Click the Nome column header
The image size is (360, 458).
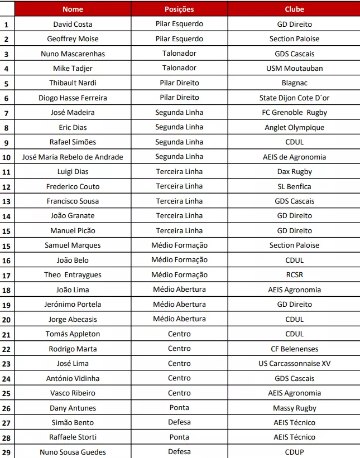[x=73, y=9]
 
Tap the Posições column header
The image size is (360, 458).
[x=179, y=9]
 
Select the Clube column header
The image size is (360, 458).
[x=294, y=9]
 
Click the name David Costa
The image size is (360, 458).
[x=73, y=25]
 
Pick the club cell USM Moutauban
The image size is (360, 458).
[x=294, y=69]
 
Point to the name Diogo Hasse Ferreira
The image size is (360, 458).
[x=73, y=98]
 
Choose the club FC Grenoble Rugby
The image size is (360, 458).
[x=294, y=113]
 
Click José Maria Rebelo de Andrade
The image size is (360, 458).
[x=73, y=157]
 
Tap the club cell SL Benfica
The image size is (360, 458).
[x=294, y=186]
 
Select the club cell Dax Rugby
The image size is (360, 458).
[x=294, y=172]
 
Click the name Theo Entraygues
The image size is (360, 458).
[x=73, y=275]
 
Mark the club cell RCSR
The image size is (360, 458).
[x=294, y=275]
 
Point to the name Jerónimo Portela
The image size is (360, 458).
[x=73, y=305]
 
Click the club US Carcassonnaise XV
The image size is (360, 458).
[x=294, y=364]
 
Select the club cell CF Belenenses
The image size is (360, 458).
[x=294, y=349]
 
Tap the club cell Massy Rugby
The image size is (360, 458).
[x=294, y=408]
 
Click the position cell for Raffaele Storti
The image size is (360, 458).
[x=179, y=437]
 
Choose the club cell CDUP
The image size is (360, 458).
[x=294, y=452]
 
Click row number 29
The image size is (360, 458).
[x=7, y=452]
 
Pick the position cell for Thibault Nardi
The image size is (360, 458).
[x=179, y=83]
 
